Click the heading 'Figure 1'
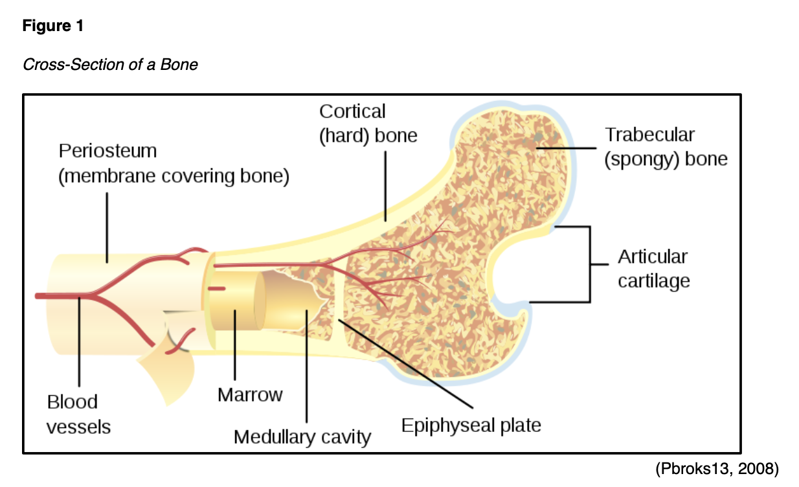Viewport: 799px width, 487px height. pos(53,27)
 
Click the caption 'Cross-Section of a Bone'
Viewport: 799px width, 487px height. pos(110,65)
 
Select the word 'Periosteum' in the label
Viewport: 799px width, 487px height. pos(107,151)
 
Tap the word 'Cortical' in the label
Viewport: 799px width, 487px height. pos(352,111)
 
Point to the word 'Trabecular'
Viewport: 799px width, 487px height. pos(649,135)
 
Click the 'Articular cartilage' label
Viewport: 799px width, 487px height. pos(653,269)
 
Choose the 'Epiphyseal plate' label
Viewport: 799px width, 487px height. pos(471,425)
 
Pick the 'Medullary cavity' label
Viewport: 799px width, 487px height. pos(302,436)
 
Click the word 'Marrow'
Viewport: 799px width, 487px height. pos(250,394)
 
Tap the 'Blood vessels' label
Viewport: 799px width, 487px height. pos(78,414)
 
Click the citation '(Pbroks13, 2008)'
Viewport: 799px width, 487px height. pos(717,469)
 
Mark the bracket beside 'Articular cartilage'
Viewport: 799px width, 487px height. pos(589,264)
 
